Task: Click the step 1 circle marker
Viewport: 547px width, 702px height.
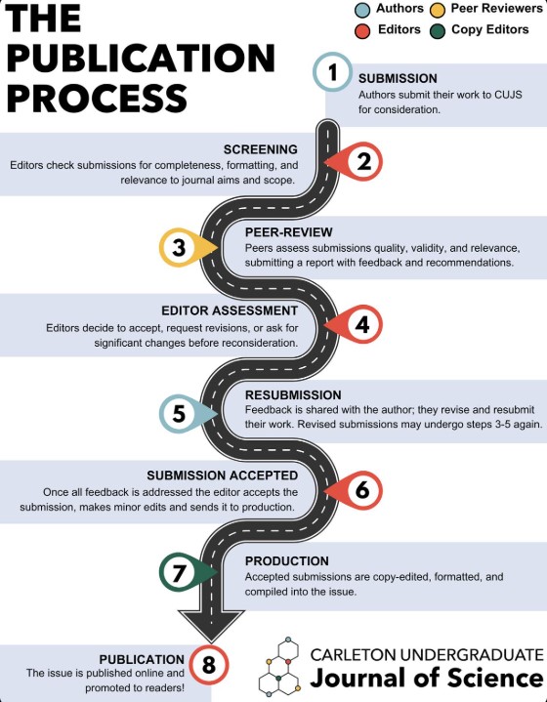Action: (332, 72)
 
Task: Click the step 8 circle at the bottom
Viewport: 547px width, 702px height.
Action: (209, 665)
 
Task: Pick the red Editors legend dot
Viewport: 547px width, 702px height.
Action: (362, 31)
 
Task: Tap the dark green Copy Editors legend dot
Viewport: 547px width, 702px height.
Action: (438, 31)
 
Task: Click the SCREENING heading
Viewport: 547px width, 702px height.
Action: (261, 149)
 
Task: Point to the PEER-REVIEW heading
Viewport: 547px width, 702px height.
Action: (289, 232)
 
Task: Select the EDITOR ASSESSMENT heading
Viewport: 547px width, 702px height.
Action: (230, 310)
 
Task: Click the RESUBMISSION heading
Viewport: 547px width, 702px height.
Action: (293, 394)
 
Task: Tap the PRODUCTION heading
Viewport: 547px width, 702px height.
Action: (287, 561)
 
